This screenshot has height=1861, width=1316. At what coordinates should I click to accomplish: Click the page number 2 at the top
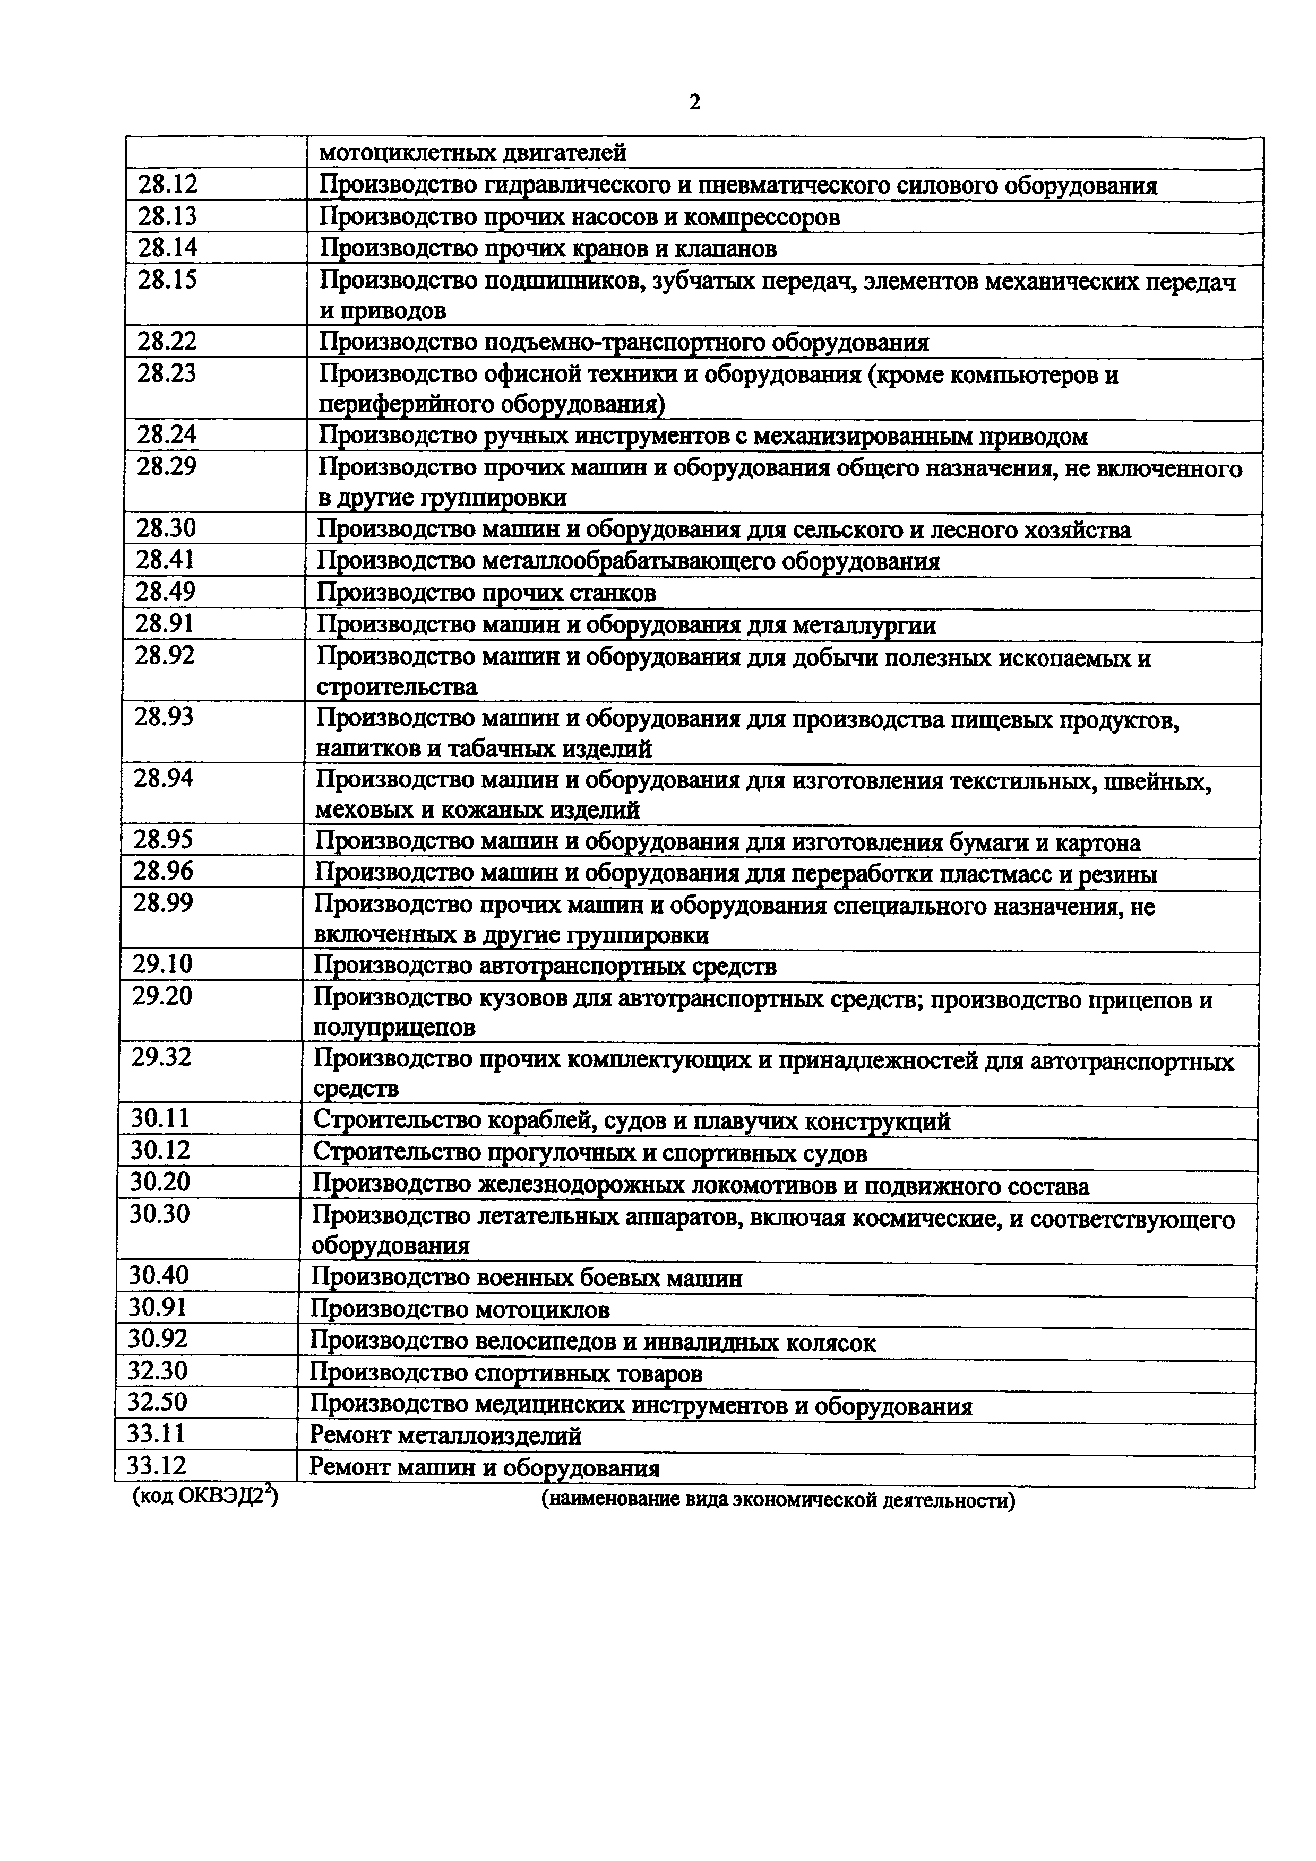point(695,102)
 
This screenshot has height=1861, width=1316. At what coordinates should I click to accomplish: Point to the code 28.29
point(166,467)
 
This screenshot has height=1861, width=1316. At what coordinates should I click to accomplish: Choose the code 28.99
point(164,903)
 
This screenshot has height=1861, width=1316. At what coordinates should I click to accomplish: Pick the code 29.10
point(163,964)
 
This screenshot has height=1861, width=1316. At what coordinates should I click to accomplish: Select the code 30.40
point(159,1276)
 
